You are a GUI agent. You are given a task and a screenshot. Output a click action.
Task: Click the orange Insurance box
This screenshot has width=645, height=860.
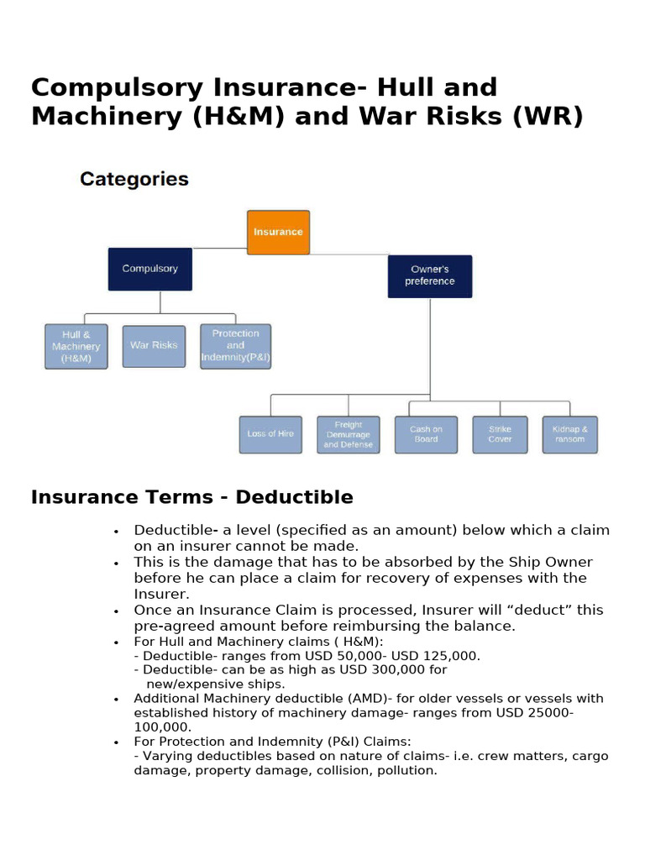click(x=278, y=232)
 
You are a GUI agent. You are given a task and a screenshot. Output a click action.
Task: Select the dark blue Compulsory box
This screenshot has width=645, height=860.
click(x=149, y=269)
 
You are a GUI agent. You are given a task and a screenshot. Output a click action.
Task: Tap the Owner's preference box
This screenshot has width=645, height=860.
click(x=429, y=275)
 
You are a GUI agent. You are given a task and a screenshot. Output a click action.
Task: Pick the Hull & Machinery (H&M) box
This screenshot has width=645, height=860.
click(x=76, y=346)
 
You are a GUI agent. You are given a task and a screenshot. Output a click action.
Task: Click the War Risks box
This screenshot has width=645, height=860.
click(x=154, y=345)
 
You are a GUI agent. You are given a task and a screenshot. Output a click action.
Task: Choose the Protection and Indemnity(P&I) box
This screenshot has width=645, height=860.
click(x=235, y=345)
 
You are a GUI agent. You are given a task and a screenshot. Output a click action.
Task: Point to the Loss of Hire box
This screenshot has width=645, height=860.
click(x=270, y=434)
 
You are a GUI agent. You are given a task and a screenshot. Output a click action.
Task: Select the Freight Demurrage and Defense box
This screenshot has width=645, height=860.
click(x=348, y=434)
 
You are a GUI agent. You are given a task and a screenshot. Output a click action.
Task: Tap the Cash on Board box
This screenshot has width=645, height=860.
click(x=426, y=434)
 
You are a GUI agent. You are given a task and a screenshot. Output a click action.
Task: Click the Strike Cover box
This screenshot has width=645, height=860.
click(x=500, y=434)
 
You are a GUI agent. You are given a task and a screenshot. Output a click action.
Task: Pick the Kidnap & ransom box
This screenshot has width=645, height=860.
click(x=569, y=434)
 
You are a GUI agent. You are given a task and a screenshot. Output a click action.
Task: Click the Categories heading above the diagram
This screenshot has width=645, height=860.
click(x=134, y=179)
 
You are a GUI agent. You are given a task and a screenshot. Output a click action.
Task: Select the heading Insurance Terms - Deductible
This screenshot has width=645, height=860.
click(x=191, y=497)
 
